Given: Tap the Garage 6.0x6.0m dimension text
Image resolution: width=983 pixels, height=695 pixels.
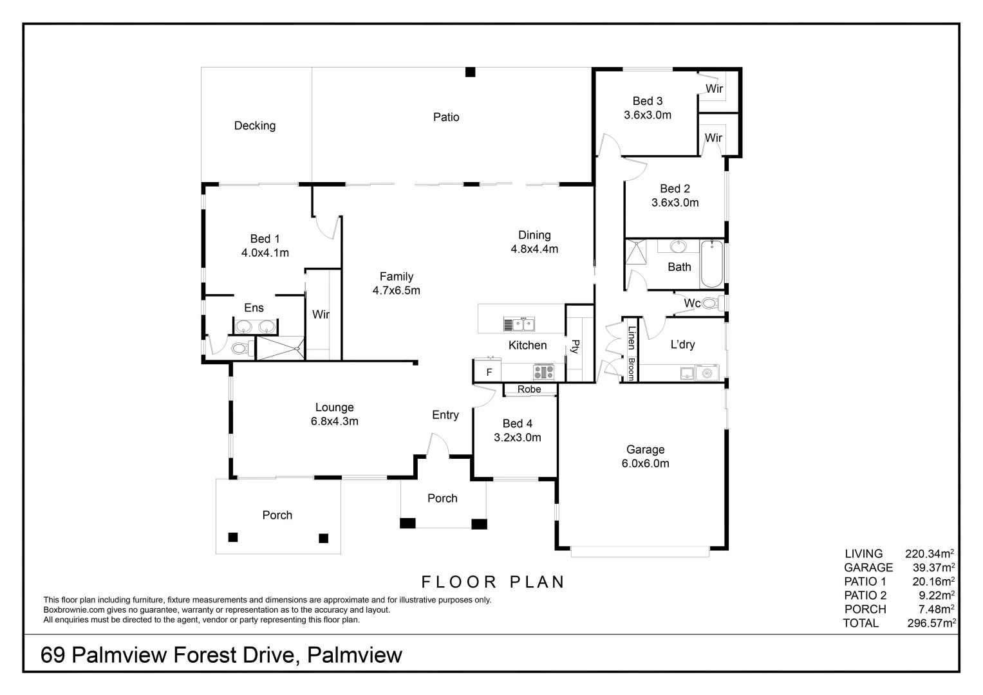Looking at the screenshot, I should (645, 463).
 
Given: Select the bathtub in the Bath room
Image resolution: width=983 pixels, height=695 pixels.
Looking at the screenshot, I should (711, 264).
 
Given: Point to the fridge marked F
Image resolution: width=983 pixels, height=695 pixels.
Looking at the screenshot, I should (489, 372).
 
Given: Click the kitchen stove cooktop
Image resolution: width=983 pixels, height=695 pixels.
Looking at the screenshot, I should (543, 372).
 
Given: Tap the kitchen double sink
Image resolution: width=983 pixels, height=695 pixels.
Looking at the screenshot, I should (518, 324).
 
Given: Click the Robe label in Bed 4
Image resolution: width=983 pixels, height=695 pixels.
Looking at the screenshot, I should (529, 389).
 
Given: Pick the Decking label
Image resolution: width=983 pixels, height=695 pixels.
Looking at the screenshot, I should (255, 125).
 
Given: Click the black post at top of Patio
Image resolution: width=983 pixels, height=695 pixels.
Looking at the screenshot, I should (471, 72).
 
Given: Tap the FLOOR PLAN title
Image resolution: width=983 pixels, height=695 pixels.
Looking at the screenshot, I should (493, 582).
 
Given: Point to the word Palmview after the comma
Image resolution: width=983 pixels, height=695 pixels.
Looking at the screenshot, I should (355, 655).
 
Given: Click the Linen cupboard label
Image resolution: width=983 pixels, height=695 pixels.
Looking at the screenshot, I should (632, 338).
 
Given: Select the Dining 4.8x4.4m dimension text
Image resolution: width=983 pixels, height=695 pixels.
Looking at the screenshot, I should (534, 249).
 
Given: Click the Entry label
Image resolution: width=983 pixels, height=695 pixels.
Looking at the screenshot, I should (445, 415).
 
